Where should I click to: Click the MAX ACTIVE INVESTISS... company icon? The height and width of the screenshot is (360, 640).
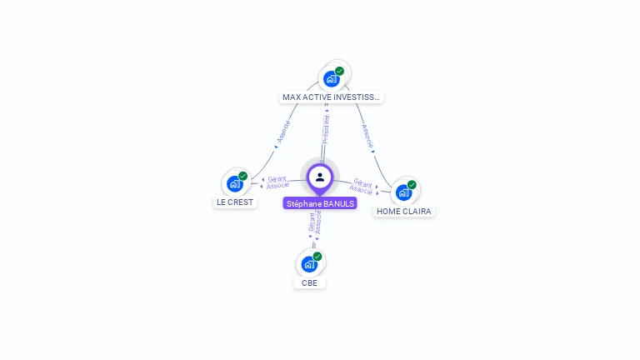tap(332, 79)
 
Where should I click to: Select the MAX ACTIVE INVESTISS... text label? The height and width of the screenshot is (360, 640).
tap(331, 97)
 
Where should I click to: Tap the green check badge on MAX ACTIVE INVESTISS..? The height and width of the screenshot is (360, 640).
tap(339, 71)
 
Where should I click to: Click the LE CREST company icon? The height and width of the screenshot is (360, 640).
tap(235, 184)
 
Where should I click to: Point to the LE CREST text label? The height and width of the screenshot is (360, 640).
tap(235, 202)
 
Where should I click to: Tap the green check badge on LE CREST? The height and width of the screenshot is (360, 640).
tap(242, 177)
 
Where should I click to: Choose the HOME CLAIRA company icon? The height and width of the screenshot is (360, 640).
tap(404, 192)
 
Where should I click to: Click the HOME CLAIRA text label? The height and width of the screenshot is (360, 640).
tap(404, 211)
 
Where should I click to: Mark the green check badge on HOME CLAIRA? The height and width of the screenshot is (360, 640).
tap(412, 185)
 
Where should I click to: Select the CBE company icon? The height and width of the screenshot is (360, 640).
tap(309, 264)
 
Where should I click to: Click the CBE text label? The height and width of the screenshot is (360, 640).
tap(310, 282)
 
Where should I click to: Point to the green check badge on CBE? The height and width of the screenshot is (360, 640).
tap(317, 257)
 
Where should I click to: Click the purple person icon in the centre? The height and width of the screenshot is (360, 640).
tap(320, 177)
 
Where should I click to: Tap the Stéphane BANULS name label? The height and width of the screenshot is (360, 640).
tap(320, 203)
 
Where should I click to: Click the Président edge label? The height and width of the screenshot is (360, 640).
tap(326, 129)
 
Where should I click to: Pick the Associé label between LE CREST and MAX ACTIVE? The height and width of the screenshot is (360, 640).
tap(283, 132)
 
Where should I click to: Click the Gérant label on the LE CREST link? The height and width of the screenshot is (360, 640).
tap(277, 178)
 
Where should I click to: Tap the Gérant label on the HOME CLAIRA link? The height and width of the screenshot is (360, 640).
tap(362, 182)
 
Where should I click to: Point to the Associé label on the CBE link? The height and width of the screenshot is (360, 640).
tap(318, 222)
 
